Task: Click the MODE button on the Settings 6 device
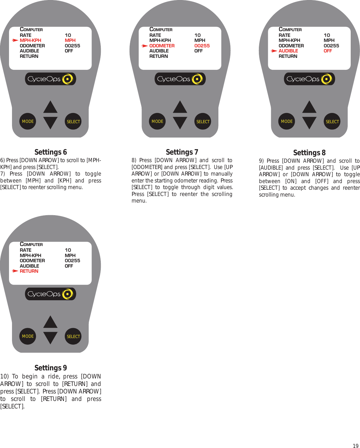28,121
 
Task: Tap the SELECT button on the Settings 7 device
203,121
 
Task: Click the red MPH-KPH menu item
31,40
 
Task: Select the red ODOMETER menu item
162,46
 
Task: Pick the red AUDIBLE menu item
288,51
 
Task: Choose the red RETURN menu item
29,271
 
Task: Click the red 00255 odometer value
202,46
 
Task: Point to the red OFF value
328,51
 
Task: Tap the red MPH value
70,40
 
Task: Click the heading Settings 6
51,152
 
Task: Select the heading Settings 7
182,152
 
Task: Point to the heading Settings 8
309,153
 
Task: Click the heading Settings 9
51,368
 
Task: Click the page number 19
355,446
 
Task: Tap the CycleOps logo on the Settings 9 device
50,294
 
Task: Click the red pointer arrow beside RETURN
15,271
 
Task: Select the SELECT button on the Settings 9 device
73,336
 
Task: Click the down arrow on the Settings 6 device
50,123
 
